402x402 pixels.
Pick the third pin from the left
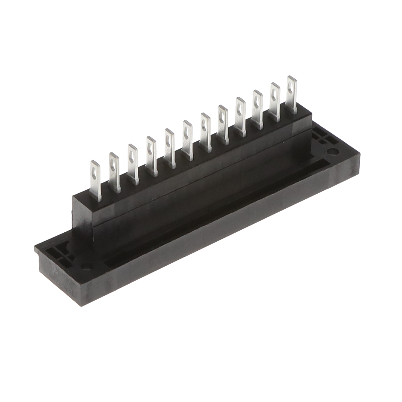[132, 164]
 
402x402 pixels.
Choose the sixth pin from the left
[187, 140]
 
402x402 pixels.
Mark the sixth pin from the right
[205, 132]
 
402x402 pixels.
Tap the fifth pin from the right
[223, 124]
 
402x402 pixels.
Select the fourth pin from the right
[240, 116]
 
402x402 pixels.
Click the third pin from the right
[258, 108]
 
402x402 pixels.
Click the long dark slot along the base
[210, 210]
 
